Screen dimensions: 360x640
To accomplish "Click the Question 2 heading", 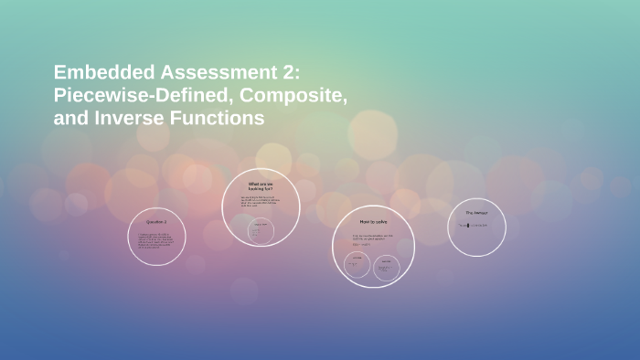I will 156,221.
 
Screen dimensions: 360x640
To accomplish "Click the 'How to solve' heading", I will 373,221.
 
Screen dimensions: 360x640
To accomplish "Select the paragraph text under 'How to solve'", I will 373,239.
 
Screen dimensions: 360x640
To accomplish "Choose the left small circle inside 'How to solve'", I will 357,266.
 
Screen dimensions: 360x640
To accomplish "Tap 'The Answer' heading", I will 476,213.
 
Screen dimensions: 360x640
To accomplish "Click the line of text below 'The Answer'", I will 475,225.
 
